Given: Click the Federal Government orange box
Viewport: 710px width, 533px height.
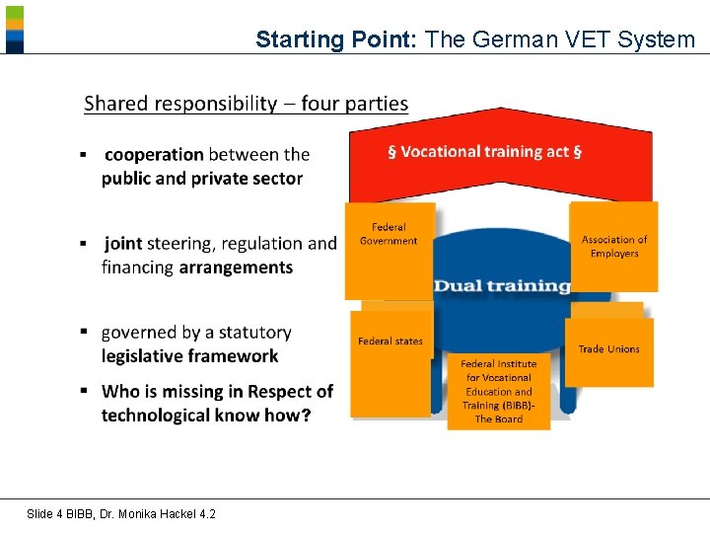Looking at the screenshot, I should pyautogui.click(x=389, y=250).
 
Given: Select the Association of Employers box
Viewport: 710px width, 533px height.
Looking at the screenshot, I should pyautogui.click(x=614, y=247).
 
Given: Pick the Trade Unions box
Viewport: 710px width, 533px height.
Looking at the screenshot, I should pyautogui.click(x=608, y=350).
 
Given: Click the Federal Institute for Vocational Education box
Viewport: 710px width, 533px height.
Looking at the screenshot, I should pyautogui.click(x=498, y=391).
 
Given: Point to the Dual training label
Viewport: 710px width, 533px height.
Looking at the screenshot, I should pyautogui.click(x=502, y=286).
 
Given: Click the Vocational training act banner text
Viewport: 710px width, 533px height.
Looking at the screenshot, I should pyautogui.click(x=484, y=152).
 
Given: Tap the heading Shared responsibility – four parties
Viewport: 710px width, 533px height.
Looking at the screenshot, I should pyautogui.click(x=246, y=104).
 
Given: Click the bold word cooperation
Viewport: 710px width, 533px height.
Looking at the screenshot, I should pyautogui.click(x=154, y=154).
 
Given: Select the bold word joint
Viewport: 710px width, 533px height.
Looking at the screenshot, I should pyautogui.click(x=123, y=243).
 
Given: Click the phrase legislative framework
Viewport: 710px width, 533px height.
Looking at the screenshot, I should pyautogui.click(x=189, y=356).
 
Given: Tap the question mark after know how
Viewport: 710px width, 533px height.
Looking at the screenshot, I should pyautogui.click(x=307, y=416).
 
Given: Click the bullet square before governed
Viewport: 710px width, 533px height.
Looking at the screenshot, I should pyautogui.click(x=85, y=332).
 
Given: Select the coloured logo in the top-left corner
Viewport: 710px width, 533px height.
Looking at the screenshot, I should pyautogui.click(x=14, y=29).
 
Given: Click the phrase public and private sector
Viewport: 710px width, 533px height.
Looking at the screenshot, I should pyautogui.click(x=201, y=179).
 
